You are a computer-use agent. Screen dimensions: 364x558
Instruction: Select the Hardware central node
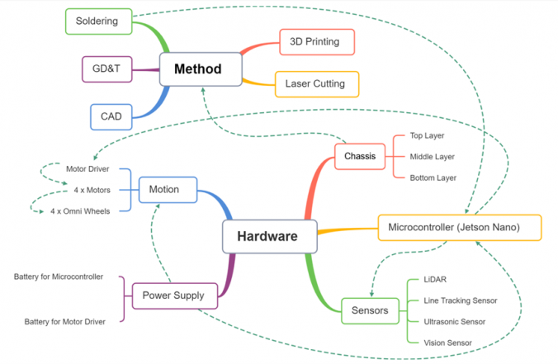click(267, 237)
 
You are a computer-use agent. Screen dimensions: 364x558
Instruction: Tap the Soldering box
click(97, 21)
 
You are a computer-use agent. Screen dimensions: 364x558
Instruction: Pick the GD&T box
click(106, 69)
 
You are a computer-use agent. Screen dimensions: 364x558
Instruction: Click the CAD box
click(111, 116)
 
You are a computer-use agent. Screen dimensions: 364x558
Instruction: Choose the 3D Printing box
click(316, 41)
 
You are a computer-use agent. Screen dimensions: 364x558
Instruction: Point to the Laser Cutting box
click(321, 83)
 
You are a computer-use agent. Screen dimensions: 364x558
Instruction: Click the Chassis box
click(360, 156)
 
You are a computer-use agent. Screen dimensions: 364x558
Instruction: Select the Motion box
click(168, 190)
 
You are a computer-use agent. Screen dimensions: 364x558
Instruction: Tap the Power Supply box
click(173, 295)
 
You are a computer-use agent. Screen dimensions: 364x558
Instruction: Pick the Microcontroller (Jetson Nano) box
click(460, 228)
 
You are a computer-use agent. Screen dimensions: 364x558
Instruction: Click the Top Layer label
click(428, 136)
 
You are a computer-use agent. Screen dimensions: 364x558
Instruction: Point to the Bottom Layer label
click(433, 177)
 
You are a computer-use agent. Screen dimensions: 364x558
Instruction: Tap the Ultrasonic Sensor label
click(454, 321)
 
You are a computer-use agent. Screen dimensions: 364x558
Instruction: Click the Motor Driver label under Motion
click(87, 169)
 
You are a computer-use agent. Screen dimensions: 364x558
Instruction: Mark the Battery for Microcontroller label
click(59, 277)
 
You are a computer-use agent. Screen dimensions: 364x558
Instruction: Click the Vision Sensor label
click(447, 342)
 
